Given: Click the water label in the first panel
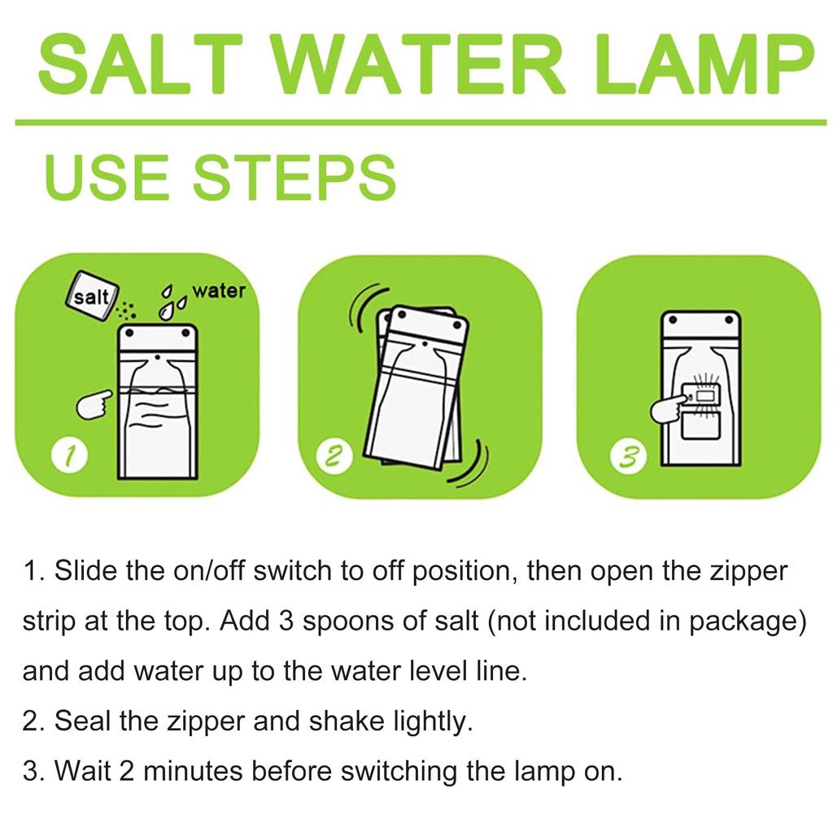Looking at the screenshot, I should pyautogui.click(x=218, y=290).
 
